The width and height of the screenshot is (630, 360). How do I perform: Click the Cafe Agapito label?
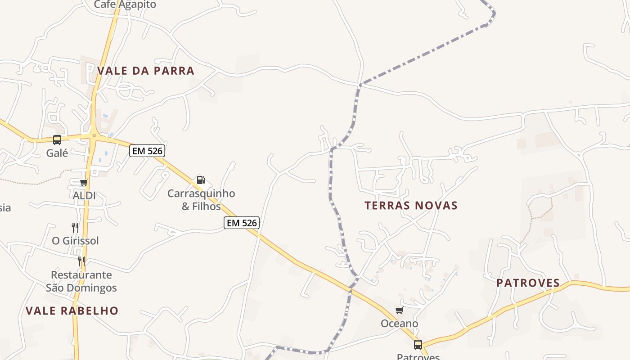[125, 5]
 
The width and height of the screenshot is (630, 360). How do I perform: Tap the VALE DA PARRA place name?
[146, 71]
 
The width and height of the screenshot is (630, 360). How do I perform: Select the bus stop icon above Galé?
[57, 139]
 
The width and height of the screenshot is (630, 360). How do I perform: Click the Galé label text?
[57, 153]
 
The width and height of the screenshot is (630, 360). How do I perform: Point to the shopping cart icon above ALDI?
[84, 182]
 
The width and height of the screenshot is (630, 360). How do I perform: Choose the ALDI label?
[84, 196]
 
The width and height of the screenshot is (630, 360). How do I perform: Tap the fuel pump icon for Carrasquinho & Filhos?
[201, 180]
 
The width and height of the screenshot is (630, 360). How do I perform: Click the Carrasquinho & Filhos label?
[201, 200]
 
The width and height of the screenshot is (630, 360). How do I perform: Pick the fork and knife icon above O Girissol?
[75, 227]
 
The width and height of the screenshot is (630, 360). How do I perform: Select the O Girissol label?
[75, 241]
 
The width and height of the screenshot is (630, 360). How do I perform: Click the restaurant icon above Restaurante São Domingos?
[81, 261]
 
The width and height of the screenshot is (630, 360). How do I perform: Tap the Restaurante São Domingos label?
[81, 281]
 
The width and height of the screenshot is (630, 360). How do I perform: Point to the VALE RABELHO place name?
[72, 311]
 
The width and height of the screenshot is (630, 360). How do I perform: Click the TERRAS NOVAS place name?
[411, 206]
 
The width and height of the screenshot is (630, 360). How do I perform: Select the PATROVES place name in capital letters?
[528, 283]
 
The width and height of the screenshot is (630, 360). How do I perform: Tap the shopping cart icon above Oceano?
[399, 310]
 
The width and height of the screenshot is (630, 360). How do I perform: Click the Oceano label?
[399, 324]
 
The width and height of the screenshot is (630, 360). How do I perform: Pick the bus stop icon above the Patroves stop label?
[418, 345]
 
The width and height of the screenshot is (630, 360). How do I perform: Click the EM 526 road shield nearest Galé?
[147, 151]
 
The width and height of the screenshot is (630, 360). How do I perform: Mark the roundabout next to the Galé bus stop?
[94, 135]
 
